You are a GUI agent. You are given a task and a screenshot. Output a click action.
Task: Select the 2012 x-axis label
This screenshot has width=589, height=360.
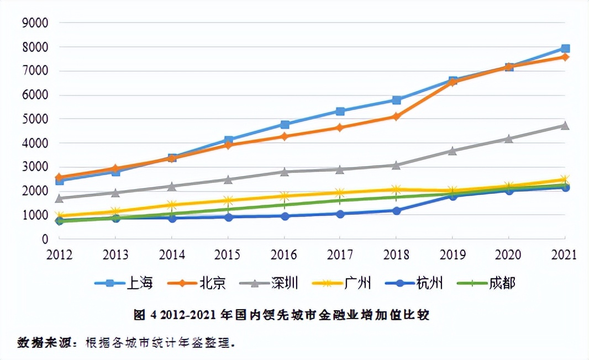click(x=60, y=255)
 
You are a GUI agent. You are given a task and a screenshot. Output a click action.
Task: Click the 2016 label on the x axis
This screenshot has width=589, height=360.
click(x=284, y=255)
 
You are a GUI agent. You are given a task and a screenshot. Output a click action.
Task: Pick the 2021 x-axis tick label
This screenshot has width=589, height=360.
click(x=564, y=255)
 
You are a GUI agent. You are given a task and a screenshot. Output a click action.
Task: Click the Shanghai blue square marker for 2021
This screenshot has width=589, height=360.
click(x=565, y=49)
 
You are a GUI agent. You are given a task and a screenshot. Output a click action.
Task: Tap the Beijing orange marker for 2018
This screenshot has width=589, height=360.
click(x=397, y=117)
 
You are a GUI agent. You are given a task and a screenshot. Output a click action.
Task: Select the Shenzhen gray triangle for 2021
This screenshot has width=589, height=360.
click(x=565, y=125)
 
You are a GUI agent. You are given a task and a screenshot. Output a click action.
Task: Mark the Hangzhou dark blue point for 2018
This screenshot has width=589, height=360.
click(x=397, y=210)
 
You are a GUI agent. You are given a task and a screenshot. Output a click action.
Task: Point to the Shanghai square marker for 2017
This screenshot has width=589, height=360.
click(x=340, y=112)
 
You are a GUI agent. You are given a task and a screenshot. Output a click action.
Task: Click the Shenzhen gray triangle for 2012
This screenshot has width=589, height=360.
click(x=60, y=198)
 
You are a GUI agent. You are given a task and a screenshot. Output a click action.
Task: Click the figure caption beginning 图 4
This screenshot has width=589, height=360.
click(x=281, y=315)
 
